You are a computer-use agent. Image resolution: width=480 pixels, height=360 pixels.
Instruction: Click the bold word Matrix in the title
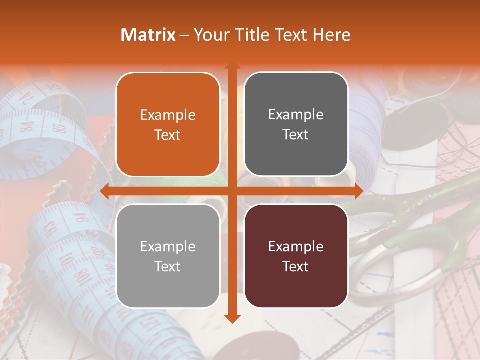[x=148, y=35]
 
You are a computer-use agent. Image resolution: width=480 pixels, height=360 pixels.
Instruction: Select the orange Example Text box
[x=168, y=125]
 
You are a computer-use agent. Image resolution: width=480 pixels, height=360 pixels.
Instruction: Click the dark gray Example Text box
[x=296, y=124]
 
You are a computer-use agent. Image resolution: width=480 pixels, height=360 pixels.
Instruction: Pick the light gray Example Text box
[x=168, y=256]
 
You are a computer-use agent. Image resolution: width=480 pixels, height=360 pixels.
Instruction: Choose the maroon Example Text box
[x=296, y=256]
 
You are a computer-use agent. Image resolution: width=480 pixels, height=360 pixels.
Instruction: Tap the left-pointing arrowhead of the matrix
[x=105, y=191]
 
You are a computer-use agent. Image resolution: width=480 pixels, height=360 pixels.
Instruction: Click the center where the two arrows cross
[x=232, y=191]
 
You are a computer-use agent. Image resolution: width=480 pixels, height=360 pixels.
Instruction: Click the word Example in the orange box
[x=168, y=115]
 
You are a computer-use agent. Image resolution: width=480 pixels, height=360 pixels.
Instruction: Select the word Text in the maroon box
[x=296, y=266]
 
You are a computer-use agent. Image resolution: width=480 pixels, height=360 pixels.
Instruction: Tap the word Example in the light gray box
[x=168, y=246]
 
